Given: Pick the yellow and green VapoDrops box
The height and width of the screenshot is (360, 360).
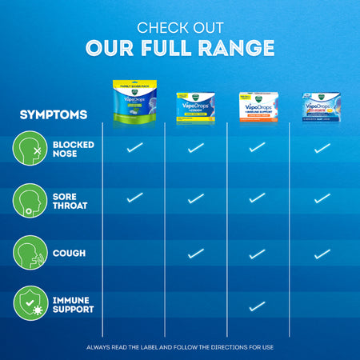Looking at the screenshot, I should click(196, 106).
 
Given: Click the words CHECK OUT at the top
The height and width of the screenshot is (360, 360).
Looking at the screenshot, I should click(179, 27).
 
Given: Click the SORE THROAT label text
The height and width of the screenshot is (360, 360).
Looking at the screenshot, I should click(72, 200).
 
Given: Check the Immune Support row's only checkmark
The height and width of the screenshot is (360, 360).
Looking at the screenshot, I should click(257, 306).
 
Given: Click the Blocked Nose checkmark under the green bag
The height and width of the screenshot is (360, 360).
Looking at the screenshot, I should click(134, 147).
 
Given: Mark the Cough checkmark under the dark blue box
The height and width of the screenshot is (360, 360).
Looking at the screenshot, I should click(322, 254).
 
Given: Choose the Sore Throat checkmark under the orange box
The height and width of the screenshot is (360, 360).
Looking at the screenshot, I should click(257, 198).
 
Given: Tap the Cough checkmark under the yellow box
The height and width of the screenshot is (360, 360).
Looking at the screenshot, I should click(196, 254).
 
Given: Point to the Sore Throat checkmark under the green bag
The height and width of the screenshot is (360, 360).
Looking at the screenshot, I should click(134, 198).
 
